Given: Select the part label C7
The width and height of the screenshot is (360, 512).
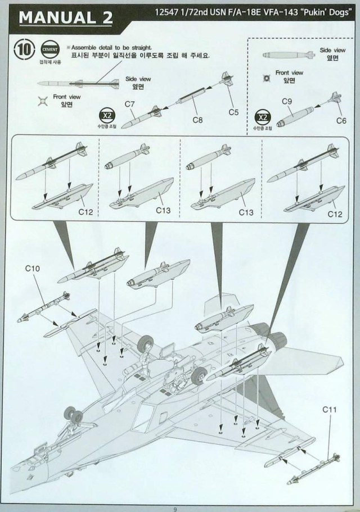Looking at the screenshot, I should (x=130, y=104).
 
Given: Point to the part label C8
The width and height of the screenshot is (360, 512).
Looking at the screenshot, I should (x=197, y=119).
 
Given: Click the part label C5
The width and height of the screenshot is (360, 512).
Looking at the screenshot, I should (x=234, y=112).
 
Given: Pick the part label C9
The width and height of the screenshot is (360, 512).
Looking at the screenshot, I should (x=286, y=102).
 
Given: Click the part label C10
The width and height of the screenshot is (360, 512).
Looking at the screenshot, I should (x=33, y=269).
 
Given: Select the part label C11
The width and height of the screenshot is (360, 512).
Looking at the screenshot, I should (x=330, y=410).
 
